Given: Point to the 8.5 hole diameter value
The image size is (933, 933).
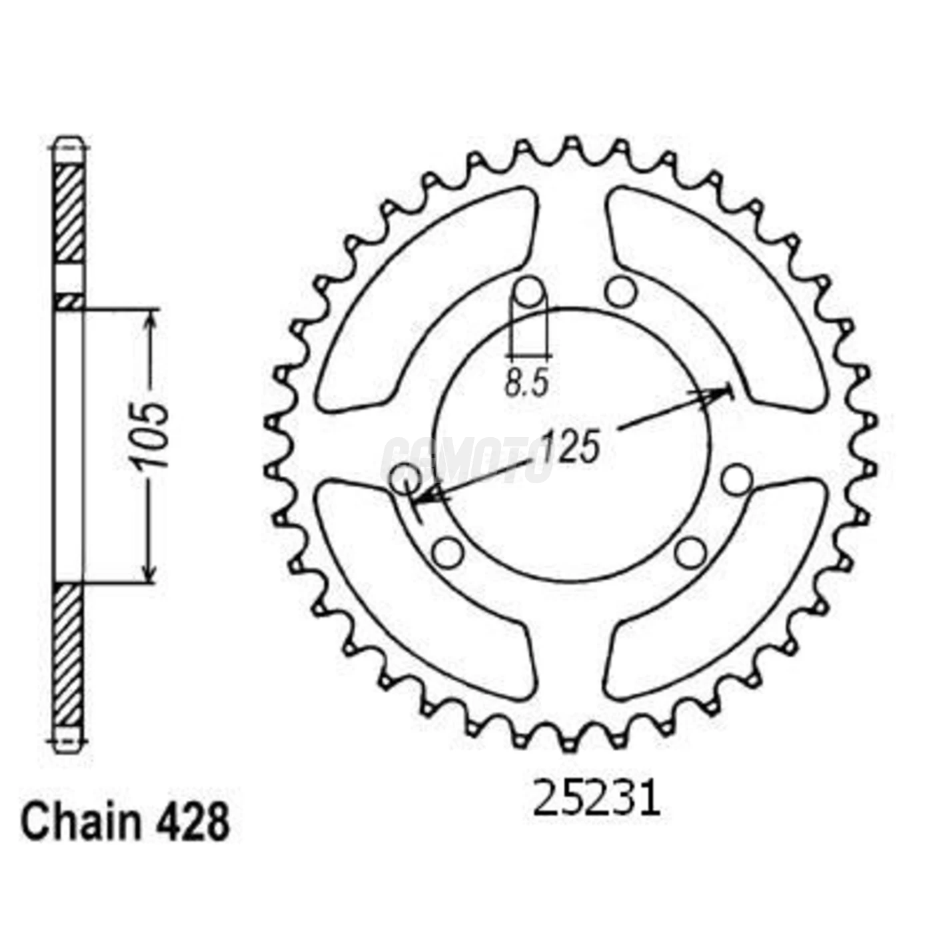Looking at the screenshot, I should (x=526, y=383).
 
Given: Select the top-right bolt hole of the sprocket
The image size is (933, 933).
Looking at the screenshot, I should (x=621, y=291).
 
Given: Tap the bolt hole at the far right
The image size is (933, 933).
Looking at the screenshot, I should (x=736, y=479).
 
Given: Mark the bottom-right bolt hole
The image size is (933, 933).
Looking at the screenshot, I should (x=690, y=552).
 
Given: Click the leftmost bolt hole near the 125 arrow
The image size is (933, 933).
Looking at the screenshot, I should (x=405, y=478).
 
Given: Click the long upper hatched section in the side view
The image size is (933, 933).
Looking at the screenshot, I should (x=69, y=213).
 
